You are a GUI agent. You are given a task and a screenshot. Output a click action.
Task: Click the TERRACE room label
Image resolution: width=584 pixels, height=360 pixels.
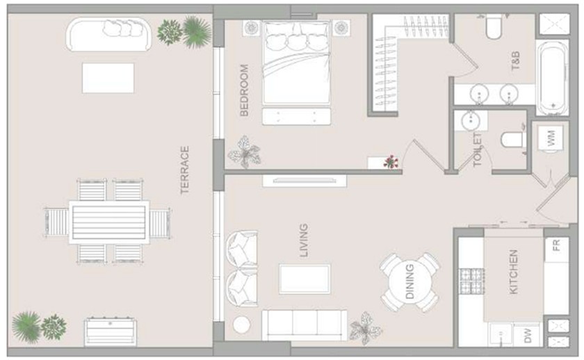tap(185, 170)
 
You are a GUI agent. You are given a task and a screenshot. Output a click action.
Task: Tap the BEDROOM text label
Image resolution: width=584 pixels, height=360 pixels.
tap(244, 90)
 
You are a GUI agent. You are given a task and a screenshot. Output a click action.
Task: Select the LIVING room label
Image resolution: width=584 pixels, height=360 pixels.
tap(304, 240)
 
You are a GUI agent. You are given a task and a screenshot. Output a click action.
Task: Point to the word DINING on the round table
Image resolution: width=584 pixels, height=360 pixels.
tap(409, 281)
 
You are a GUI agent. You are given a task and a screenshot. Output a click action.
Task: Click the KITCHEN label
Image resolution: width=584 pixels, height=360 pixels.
tap(513, 272)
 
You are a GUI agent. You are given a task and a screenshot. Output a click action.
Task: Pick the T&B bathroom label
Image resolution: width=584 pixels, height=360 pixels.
tap(515, 61)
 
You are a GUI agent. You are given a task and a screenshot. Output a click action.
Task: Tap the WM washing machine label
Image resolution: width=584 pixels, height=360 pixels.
tap(551, 138)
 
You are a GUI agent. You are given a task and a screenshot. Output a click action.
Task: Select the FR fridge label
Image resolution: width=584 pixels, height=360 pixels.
tap(555, 245)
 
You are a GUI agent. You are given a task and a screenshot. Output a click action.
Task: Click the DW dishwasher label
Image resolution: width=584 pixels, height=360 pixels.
tap(528, 336)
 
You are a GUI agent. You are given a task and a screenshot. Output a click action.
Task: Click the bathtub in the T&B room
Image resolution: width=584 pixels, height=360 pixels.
tap(552, 77)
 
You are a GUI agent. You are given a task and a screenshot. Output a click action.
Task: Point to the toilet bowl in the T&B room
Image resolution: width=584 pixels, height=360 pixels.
tap(494, 26)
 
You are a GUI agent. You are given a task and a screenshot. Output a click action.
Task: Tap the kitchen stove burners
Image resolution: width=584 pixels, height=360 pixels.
tap(472, 281)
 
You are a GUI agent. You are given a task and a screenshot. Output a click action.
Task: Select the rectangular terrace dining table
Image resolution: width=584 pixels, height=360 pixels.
tap(108, 222)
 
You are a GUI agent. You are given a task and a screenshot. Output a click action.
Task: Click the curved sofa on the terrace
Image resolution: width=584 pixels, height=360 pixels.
tap(108, 34)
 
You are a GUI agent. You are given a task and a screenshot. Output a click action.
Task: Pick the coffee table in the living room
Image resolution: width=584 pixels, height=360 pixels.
tap(305, 279)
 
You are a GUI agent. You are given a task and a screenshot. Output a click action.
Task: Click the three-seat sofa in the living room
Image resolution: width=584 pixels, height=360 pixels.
tap(305, 325)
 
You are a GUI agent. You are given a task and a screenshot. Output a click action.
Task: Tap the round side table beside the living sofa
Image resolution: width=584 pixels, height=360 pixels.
tap(242, 325)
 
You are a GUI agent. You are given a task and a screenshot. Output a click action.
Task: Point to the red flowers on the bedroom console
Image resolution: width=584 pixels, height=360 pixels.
tap(390, 161)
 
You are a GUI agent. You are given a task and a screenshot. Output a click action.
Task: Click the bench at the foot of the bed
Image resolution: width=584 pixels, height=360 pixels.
tap(296, 117)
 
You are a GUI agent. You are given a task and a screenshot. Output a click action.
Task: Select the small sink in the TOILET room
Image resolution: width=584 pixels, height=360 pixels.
tap(471, 120)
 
